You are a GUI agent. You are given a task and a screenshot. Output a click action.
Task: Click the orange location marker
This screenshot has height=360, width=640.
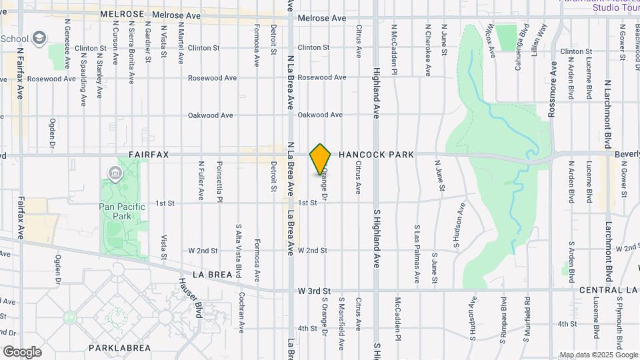(321, 159)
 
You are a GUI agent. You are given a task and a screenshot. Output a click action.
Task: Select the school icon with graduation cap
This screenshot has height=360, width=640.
(39, 37)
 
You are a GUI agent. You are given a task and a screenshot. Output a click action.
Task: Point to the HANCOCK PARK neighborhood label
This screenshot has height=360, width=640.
(376, 155)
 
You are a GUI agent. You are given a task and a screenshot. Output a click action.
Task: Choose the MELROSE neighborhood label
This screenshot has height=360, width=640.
(122, 14)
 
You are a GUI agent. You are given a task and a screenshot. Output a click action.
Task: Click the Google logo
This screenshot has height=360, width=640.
(22, 351)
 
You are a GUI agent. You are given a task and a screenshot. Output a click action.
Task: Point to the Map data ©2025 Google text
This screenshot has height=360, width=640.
(598, 355)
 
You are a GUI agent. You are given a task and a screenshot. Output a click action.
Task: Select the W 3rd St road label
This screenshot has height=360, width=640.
(314, 291)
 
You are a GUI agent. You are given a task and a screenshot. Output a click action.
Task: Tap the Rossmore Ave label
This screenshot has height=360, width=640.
(553, 90)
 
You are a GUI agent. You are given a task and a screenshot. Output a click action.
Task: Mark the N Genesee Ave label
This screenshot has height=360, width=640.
(67, 44)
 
